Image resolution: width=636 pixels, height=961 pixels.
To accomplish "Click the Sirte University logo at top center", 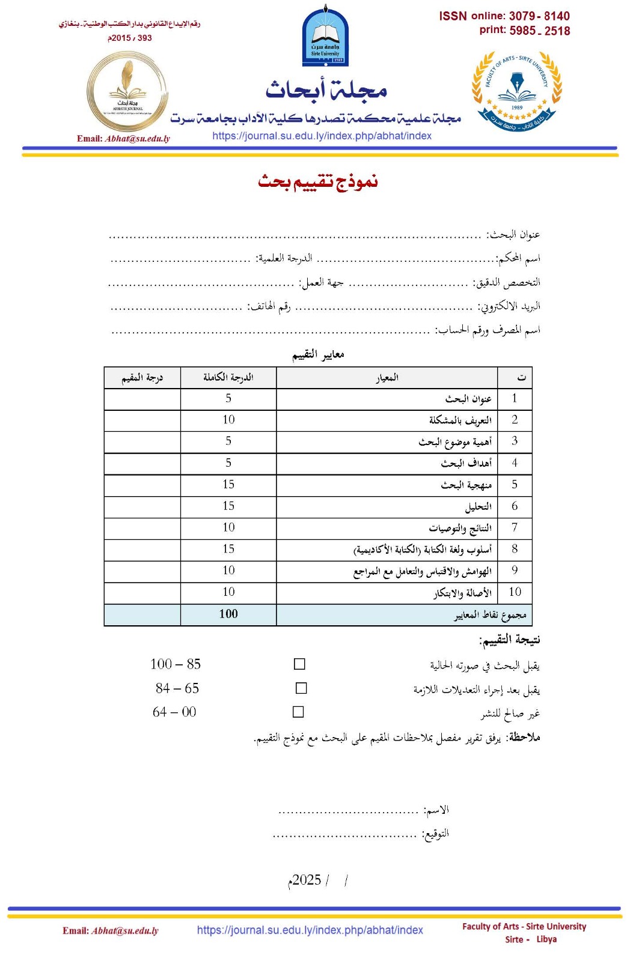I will [325, 37].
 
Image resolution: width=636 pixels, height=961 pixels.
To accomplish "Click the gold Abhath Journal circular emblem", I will [127, 92].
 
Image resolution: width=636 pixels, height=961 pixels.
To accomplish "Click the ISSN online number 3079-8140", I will [539, 16].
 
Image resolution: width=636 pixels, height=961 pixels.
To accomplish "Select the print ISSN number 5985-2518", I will [539, 31].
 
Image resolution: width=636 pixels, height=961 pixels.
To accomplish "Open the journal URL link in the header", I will [322, 136].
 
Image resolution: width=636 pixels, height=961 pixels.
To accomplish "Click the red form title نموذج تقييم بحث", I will [318, 181].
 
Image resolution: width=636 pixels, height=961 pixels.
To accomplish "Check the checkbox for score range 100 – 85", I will [299, 664].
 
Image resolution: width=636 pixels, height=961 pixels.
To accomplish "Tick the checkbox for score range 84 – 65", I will [301, 688].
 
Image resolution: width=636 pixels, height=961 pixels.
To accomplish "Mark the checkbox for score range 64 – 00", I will [298, 712].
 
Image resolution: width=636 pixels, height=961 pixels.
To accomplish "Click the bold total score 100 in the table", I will [228, 614].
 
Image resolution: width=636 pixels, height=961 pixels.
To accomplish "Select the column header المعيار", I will [387, 378].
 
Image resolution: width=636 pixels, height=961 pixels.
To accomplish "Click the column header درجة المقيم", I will [142, 378].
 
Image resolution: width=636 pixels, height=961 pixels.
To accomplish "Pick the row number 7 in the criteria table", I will [515, 527].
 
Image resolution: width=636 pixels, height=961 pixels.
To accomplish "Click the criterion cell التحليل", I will [479, 507].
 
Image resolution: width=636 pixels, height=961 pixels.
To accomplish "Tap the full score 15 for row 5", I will [228, 485].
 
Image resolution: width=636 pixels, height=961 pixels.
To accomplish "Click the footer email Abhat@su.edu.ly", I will [125, 931].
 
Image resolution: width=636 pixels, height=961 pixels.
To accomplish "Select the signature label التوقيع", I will [436, 834].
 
